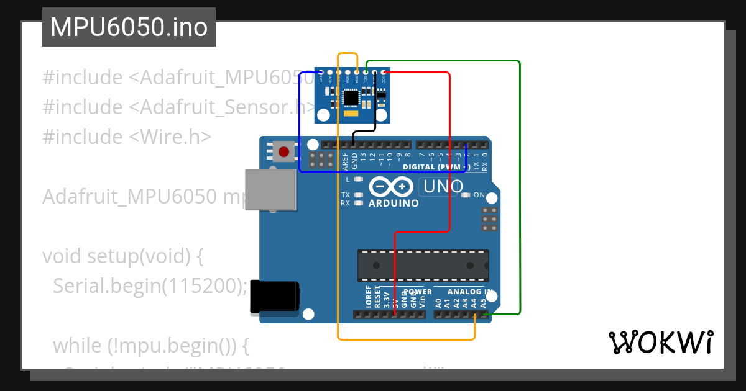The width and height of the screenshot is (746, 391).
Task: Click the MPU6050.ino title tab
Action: [x=129, y=27]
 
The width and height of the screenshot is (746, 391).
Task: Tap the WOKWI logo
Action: [x=660, y=342]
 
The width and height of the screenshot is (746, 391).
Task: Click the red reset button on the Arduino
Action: [x=284, y=151]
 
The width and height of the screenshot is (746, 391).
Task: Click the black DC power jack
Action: [x=274, y=297]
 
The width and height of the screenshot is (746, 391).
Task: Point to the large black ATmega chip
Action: [x=423, y=265]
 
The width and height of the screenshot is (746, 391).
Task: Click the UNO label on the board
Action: [x=443, y=186]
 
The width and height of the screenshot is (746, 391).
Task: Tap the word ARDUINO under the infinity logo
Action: [x=394, y=203]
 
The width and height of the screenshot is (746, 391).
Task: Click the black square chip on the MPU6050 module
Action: [x=351, y=97]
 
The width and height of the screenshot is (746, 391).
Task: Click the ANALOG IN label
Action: [x=471, y=291]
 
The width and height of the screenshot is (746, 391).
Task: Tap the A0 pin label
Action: [x=438, y=303]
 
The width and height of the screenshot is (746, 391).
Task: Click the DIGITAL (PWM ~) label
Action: [x=435, y=167]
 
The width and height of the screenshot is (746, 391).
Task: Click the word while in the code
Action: [x=78, y=345]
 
